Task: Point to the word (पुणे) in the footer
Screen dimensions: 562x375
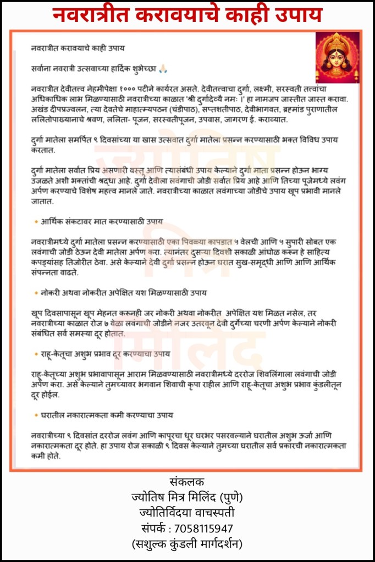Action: [x=231, y=498]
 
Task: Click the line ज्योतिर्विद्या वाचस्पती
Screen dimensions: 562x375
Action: [x=187, y=513]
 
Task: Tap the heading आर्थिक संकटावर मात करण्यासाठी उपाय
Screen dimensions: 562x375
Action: [x=102, y=221]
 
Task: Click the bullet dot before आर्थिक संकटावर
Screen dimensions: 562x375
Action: [x=36, y=221]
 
